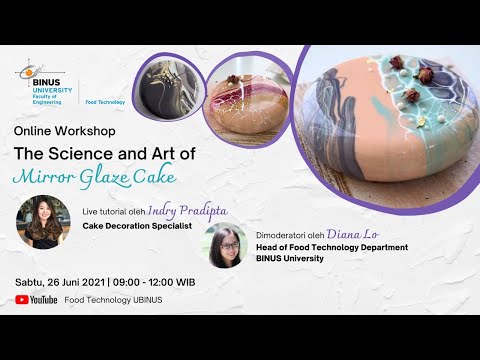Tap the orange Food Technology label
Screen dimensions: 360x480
pyautogui.click(x=105, y=101)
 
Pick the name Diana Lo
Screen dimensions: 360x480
pyautogui.click(x=358, y=233)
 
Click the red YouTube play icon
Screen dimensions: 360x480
pyautogui.click(x=22, y=299)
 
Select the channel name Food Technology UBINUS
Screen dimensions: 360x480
pyautogui.click(x=113, y=299)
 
